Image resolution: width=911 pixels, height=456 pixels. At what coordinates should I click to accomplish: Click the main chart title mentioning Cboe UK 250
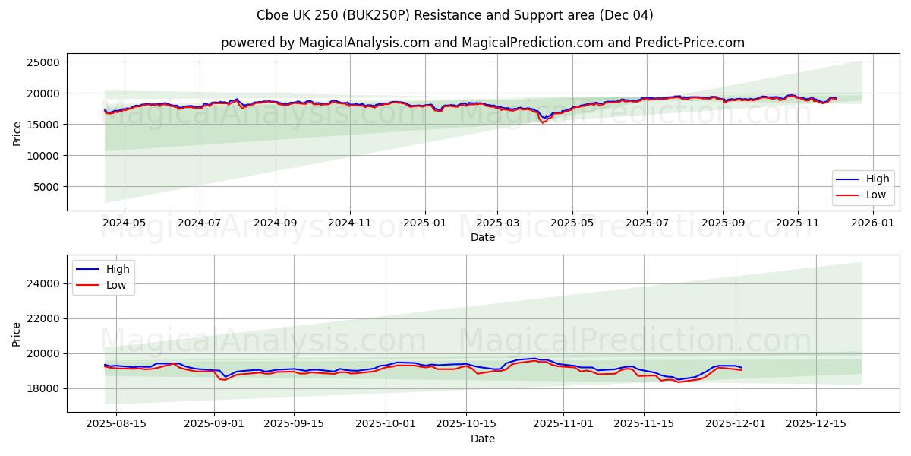tap(455, 15)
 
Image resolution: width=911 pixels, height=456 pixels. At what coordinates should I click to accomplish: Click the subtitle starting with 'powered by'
tap(482, 43)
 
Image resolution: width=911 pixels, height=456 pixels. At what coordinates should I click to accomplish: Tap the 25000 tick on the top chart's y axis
tap(44, 62)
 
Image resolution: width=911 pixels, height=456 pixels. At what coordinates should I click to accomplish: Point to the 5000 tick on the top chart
tap(47, 187)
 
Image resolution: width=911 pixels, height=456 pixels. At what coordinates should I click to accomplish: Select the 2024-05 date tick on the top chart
tap(124, 223)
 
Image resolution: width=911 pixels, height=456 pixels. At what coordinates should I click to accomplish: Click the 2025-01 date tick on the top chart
tap(424, 223)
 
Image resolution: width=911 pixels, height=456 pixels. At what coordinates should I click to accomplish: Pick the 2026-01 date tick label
tap(873, 223)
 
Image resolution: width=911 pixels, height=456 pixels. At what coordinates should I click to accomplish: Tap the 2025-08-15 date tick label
tap(116, 424)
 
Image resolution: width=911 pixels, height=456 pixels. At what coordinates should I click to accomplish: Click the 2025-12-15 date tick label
tap(815, 424)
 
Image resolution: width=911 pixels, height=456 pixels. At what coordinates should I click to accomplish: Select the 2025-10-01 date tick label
tap(386, 424)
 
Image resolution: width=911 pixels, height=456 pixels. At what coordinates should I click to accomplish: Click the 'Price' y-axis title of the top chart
tap(17, 132)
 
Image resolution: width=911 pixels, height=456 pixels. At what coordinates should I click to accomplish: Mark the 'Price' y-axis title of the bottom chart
tap(17, 334)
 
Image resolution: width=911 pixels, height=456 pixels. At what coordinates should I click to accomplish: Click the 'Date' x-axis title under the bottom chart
tap(482, 439)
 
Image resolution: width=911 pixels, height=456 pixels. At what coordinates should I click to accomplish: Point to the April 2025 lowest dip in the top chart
tap(543, 122)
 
